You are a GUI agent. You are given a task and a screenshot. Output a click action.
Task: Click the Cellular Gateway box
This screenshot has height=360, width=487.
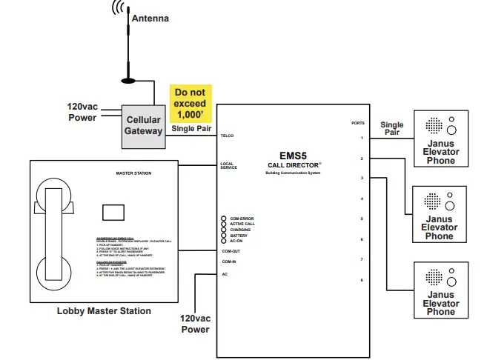143,125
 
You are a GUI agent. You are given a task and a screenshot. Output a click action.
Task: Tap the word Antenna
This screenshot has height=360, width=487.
150,18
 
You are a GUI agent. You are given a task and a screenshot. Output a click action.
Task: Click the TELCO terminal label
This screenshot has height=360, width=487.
227,136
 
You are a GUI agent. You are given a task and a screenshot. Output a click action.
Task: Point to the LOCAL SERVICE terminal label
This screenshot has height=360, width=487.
228,164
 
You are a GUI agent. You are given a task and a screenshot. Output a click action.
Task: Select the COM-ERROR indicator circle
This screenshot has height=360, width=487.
223,219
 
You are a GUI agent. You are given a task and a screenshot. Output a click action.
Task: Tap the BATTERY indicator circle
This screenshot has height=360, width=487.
223,236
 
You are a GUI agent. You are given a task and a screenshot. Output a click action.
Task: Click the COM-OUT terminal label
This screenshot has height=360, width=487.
231,251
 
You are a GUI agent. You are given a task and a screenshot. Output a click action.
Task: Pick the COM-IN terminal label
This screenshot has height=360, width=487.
229,261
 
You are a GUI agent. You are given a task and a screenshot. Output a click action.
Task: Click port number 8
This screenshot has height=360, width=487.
362,280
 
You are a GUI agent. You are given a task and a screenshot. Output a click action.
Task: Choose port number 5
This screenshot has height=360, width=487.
362,219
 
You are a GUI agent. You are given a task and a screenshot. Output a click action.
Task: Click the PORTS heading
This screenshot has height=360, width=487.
358,123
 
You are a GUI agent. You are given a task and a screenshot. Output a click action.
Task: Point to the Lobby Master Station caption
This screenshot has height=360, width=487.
104,311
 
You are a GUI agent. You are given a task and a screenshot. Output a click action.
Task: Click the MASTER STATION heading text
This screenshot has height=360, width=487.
133,173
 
